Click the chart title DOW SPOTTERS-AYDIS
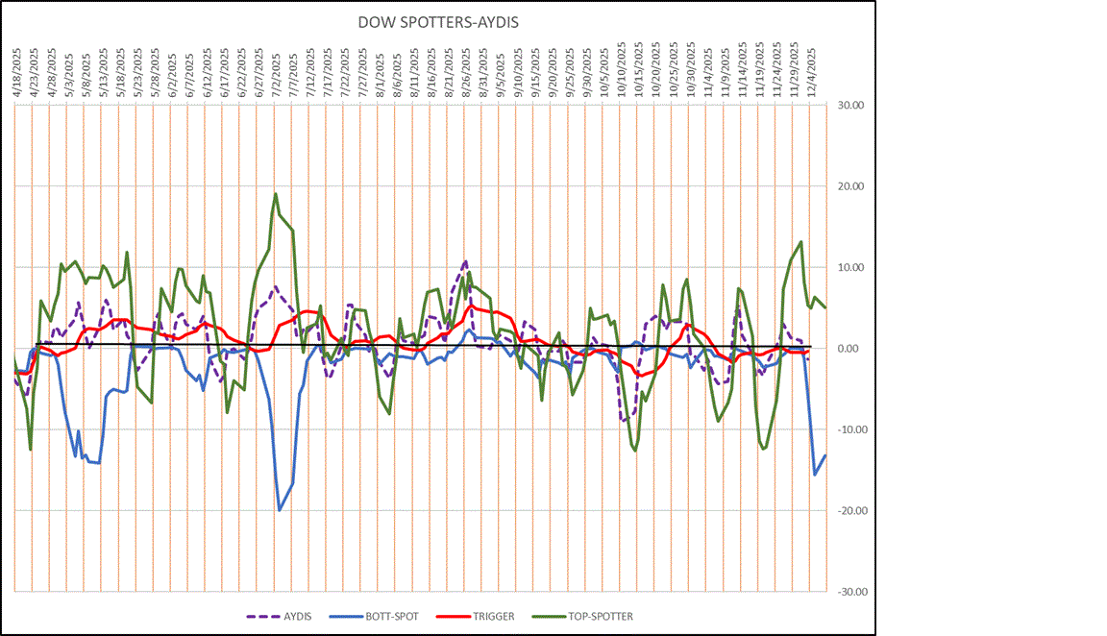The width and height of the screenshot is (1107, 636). pos(439,21)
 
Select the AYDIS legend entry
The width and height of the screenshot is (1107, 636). pos(285,616)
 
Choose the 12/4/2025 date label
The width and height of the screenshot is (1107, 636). pos(813,69)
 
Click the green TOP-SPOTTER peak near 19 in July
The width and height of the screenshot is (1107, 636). pos(276,194)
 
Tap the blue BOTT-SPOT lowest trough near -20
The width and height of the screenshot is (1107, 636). pos(280,510)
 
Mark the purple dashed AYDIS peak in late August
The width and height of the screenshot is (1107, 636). pos(465,261)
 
